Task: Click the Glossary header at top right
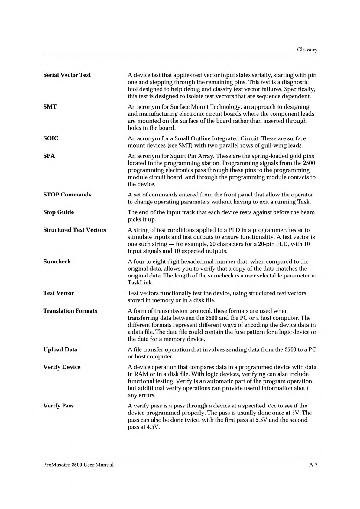coord(307,50)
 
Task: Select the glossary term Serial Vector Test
coord(67,75)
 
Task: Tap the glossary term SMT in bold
coord(50,107)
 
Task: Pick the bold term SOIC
coord(51,138)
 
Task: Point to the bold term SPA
coord(49,156)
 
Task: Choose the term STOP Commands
coord(67,195)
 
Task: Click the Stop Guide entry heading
coord(58,212)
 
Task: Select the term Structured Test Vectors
coord(75,230)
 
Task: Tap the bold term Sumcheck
coord(57,261)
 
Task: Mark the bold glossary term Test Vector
coord(58,293)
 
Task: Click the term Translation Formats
coord(70,311)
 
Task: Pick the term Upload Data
coord(60,349)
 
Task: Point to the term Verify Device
coord(62,367)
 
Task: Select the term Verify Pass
coord(58,406)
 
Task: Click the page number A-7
coord(313,465)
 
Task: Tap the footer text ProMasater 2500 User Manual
coord(78,465)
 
